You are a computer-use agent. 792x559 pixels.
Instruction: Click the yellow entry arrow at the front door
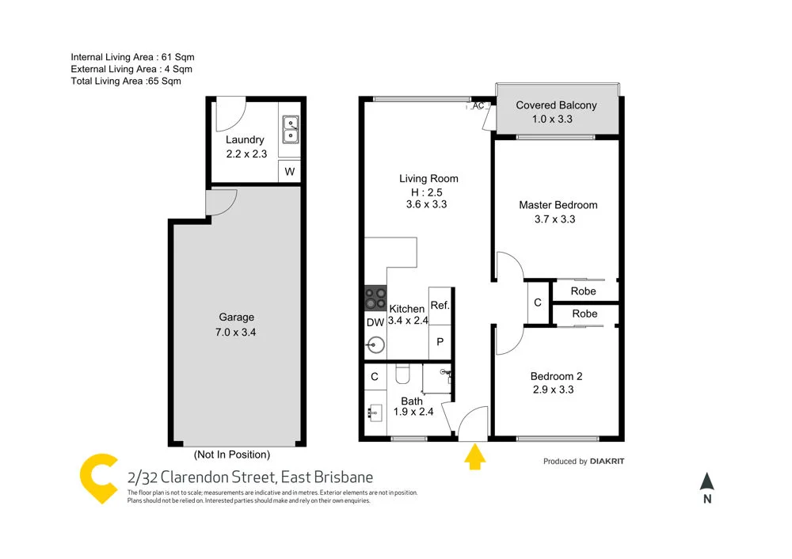474,457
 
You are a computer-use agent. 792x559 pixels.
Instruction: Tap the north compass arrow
707,481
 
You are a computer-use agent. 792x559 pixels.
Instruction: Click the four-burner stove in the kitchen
375,299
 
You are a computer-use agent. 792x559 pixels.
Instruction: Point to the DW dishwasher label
375,322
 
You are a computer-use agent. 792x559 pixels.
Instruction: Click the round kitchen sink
375,345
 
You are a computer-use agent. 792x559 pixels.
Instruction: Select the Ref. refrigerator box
440,306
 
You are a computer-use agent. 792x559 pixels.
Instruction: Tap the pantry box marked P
440,342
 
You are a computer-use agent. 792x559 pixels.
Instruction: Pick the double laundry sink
291,129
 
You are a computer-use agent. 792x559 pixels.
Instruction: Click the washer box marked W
289,172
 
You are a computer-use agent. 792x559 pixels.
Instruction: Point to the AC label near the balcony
478,105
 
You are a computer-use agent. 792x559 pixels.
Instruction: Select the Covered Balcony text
556,105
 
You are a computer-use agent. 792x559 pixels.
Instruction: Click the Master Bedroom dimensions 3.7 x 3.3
555,219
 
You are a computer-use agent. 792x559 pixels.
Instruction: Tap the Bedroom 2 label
556,376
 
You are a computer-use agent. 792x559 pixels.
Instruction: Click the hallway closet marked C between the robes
538,302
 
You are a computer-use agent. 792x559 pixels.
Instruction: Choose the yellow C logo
99,478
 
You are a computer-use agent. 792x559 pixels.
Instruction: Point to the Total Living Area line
126,82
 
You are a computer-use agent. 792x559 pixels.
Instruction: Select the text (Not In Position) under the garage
232,454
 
